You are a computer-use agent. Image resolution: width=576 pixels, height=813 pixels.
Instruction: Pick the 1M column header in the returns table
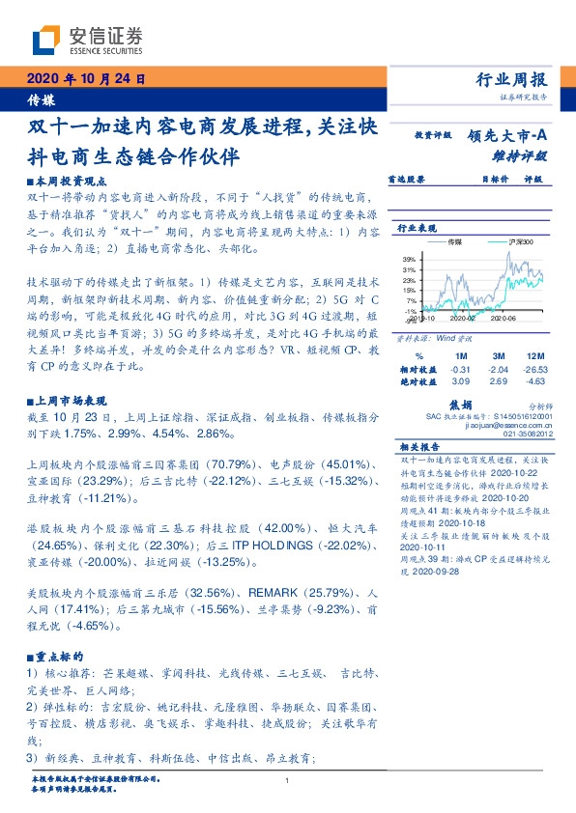(461, 356)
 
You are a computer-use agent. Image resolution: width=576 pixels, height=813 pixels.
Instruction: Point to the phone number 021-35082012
(528, 435)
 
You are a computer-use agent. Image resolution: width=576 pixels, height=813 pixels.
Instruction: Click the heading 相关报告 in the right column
(420, 448)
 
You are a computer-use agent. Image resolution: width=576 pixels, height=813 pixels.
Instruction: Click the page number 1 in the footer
(288, 780)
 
